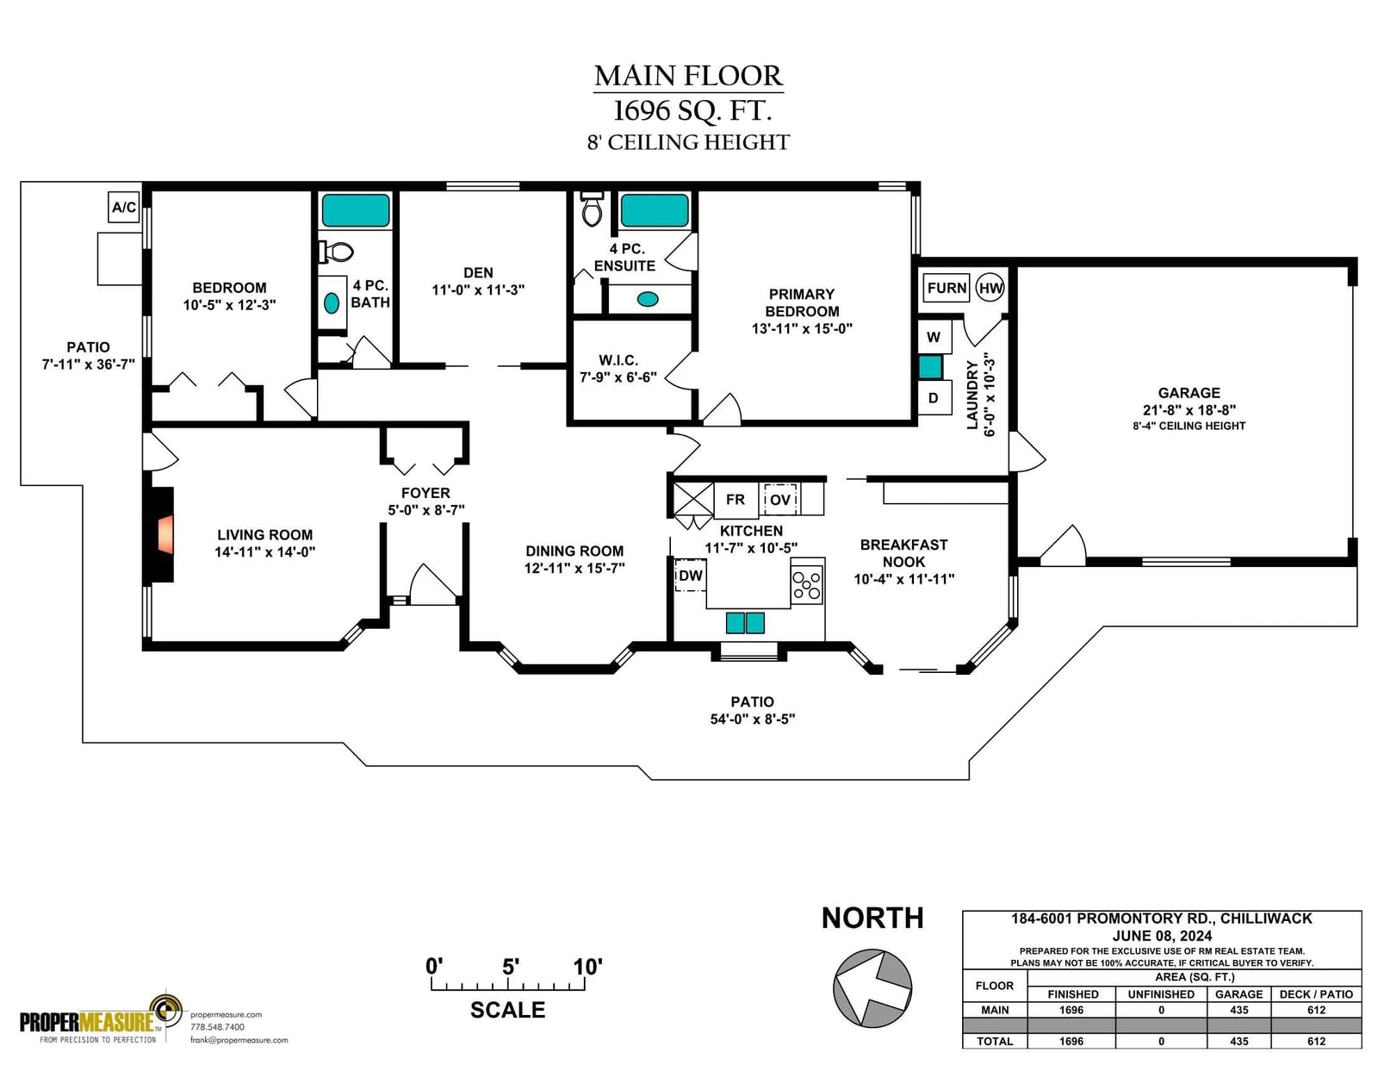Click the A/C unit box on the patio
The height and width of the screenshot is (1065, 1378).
(124, 207)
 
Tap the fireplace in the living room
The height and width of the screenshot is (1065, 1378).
(162, 534)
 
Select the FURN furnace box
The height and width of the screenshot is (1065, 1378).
(947, 288)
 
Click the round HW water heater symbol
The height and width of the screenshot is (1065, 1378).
(990, 288)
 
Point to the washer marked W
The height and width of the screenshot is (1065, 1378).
(934, 337)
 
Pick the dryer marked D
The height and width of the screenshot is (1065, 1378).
(934, 398)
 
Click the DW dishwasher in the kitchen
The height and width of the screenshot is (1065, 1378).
(690, 576)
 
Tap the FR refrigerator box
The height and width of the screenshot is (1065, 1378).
(736, 499)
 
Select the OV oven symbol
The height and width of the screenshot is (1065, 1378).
(779, 499)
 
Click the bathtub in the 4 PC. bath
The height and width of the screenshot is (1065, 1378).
(356, 210)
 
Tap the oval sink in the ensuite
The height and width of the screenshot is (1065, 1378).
(648, 299)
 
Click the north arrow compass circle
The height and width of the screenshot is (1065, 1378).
(872, 987)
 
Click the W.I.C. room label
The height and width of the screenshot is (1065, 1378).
(618, 360)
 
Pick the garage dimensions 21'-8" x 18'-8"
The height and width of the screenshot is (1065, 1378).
(1189, 410)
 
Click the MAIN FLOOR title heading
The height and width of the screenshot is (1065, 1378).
(688, 76)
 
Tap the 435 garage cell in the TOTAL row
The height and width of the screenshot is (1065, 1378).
(1238, 1041)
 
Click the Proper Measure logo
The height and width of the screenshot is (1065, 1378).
(102, 1017)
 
